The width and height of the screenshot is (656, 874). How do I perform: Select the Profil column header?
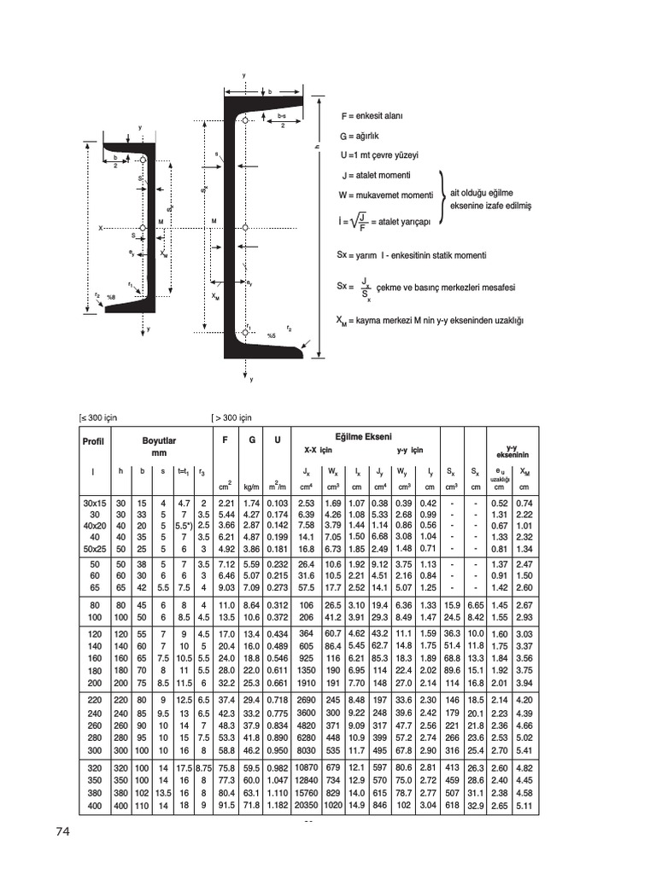92,440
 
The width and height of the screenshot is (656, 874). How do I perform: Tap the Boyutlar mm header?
160,446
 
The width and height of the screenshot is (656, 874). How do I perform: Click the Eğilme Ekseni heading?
364,436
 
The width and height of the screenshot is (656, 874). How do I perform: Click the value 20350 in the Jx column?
306,805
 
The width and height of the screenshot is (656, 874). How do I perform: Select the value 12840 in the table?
306,780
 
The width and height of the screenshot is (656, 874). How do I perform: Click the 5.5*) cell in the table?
183,526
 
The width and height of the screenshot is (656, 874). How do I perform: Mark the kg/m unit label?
251,486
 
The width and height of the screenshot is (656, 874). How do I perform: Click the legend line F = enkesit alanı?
372,115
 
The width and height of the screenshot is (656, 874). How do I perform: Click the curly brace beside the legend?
442,197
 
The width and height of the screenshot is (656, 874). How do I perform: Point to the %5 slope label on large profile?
271,335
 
